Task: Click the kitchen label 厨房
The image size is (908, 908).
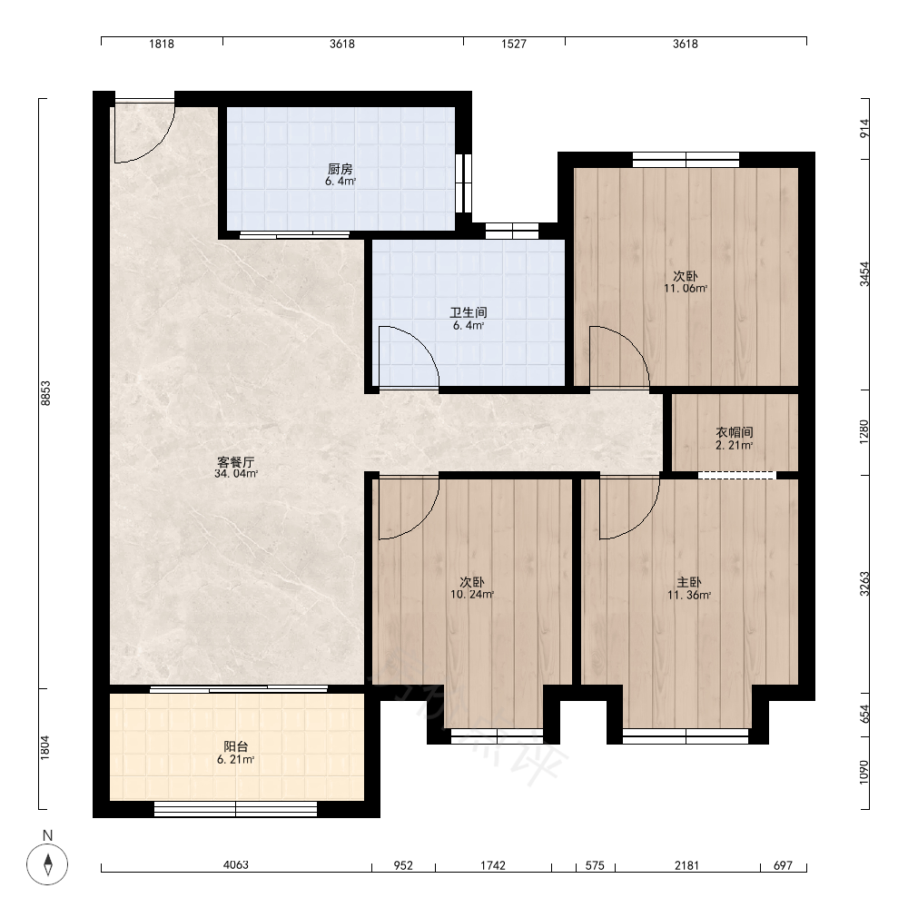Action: tap(340, 169)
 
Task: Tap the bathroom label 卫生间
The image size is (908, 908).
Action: tap(469, 312)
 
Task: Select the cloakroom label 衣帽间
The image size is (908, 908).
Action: tap(735, 432)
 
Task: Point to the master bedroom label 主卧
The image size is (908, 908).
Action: tap(689, 583)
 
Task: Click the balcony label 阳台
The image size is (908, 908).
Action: tap(236, 746)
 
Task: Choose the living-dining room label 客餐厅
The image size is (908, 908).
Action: tap(236, 462)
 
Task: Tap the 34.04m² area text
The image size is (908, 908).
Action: tap(236, 474)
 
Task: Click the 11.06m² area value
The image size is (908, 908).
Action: tap(686, 289)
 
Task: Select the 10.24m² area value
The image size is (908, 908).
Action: tap(472, 594)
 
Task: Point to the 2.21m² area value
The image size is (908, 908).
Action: tap(735, 445)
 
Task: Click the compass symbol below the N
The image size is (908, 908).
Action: tap(47, 864)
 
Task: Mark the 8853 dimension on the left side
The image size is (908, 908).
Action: tap(45, 393)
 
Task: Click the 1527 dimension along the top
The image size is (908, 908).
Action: tap(514, 44)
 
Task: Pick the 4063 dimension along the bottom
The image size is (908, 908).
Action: tap(236, 865)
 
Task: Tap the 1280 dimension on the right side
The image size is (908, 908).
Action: tap(864, 432)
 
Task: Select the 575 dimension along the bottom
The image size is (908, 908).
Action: tap(595, 865)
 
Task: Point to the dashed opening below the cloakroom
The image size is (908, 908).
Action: tap(736, 476)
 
